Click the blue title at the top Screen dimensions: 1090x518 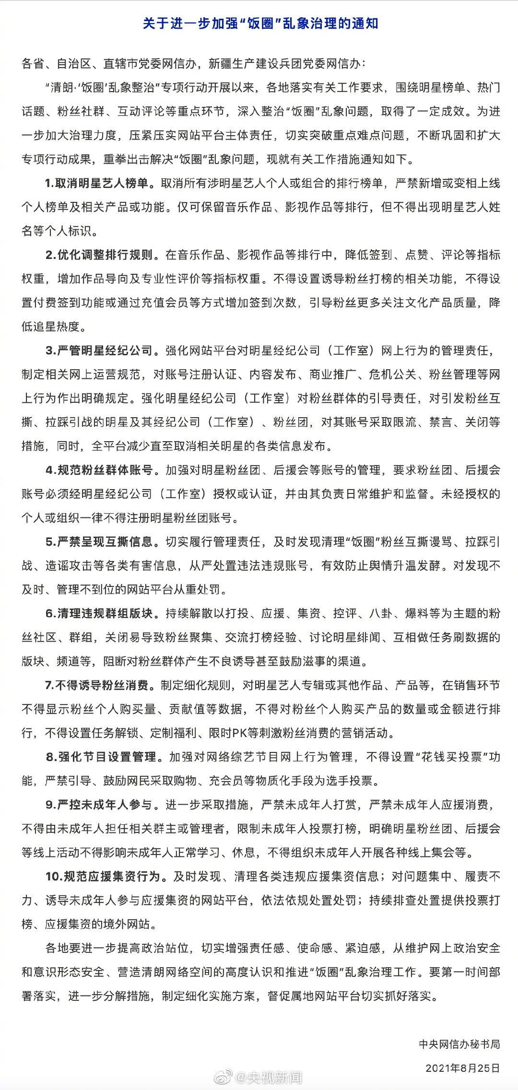click(260, 23)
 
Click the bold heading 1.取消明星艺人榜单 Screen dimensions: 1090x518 click(100, 183)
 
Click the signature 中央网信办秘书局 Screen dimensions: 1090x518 click(459, 1044)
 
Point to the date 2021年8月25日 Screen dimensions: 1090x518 click(462, 1068)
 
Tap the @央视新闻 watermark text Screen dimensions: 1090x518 click(268, 1078)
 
